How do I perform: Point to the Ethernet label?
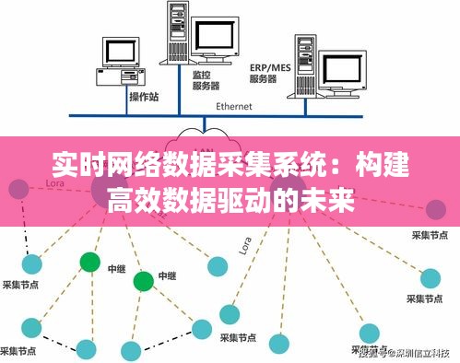(234, 107)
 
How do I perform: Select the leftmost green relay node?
(89, 262)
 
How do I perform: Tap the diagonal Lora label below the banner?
(244, 244)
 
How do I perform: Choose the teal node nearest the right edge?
(431, 276)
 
